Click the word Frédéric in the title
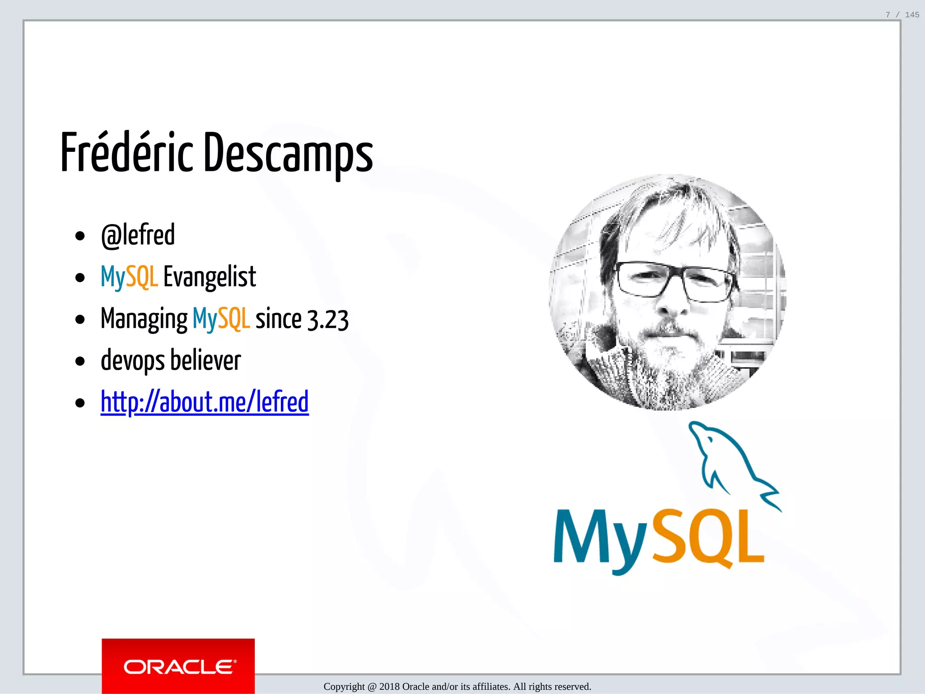click(127, 153)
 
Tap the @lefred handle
click(138, 235)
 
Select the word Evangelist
click(210, 277)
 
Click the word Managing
click(144, 319)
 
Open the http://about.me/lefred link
click(205, 402)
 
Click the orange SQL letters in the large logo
click(709, 538)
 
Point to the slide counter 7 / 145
click(902, 15)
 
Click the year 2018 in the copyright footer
click(389, 687)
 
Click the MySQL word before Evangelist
click(129, 277)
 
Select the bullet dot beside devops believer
click(80, 361)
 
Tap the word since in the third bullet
click(278, 319)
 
